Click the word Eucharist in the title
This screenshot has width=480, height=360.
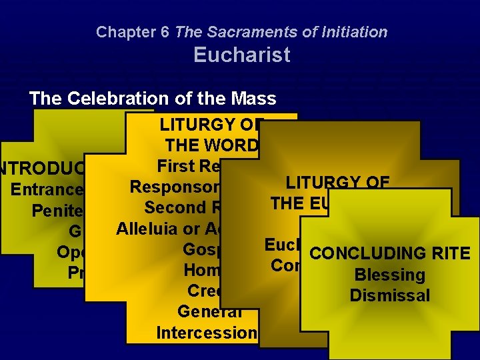coord(242,55)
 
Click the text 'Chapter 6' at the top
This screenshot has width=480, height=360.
coord(133,31)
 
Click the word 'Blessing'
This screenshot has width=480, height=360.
coord(390,275)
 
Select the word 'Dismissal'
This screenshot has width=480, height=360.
coord(390,295)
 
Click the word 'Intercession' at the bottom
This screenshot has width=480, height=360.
coord(207,332)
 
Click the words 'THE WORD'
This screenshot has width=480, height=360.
coord(212,145)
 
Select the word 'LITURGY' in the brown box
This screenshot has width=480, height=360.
coord(326,182)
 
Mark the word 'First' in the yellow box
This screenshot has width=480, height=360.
coord(177,166)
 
